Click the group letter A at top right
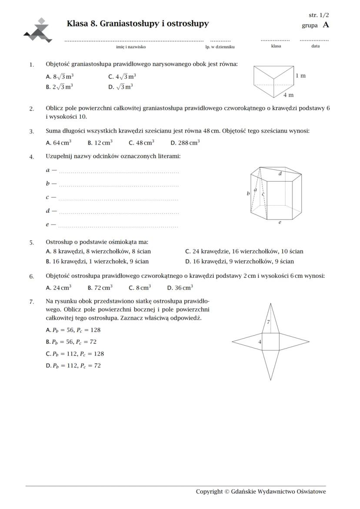(x=326, y=25)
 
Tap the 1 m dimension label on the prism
(x=300, y=76)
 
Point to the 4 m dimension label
(x=288, y=95)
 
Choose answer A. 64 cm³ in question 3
(x=58, y=143)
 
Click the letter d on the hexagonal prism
(x=280, y=173)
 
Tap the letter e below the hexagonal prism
(x=280, y=222)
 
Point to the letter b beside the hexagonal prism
(x=248, y=193)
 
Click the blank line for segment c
(x=118, y=200)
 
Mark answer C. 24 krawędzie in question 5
(x=244, y=251)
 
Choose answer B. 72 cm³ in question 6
(x=100, y=288)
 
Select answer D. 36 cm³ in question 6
(x=180, y=288)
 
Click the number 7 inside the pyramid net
(x=268, y=323)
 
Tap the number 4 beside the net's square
(x=260, y=342)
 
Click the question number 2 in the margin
(x=31, y=109)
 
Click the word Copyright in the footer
(x=209, y=492)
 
